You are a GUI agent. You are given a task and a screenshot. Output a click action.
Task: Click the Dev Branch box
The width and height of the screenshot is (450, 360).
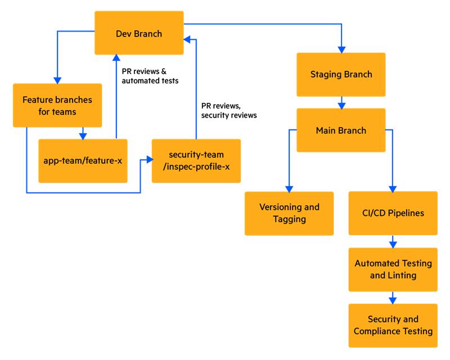pos(139,34)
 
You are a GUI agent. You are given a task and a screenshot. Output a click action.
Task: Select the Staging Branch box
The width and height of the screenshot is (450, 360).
pos(341,74)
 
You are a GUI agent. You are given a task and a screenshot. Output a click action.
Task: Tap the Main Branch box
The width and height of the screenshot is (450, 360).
pos(341,130)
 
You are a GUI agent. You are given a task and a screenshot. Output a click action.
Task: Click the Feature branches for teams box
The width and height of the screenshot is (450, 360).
pos(57,105)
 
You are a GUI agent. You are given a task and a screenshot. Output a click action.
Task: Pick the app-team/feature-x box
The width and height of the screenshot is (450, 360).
pos(83,160)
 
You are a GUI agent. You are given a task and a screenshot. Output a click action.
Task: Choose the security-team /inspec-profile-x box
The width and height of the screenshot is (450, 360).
pos(196,160)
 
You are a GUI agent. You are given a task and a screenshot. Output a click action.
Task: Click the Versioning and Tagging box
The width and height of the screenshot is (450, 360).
pos(289,213)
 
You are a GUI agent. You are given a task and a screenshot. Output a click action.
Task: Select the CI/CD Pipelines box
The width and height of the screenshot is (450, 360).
pos(393,213)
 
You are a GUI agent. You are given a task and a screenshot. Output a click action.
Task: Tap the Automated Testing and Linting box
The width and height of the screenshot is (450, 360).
pos(393,269)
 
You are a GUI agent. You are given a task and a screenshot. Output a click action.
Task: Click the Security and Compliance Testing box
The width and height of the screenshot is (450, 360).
pos(393,325)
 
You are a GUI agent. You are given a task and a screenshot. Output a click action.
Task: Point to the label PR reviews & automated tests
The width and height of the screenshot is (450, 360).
pos(150,76)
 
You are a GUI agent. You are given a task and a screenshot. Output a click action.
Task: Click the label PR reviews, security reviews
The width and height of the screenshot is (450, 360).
pos(229,110)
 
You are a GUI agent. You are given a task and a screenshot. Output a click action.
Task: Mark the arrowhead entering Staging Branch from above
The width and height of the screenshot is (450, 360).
pos(341,49)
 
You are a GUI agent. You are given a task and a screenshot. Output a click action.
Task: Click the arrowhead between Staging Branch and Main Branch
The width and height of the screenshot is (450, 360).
pos(341,105)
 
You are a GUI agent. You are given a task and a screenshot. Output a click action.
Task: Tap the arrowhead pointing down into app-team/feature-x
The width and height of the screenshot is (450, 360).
pos(83,135)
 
